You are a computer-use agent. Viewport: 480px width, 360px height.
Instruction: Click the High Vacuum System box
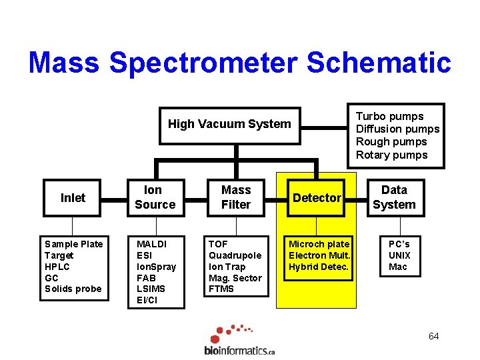click(x=229, y=124)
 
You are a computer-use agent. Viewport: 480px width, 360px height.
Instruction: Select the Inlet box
click(x=73, y=198)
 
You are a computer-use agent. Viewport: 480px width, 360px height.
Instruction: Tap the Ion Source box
click(x=155, y=198)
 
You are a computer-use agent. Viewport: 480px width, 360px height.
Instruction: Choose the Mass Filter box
click(x=236, y=198)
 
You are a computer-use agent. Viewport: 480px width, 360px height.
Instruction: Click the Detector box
click(x=317, y=198)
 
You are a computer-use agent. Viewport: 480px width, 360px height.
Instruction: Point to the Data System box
click(x=394, y=198)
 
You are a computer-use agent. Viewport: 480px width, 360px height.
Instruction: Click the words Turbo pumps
click(x=389, y=117)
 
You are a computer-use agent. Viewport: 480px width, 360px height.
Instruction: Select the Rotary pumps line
click(x=391, y=155)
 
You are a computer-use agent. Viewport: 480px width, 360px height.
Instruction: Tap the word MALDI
click(x=151, y=244)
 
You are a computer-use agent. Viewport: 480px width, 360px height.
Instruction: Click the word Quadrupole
click(x=235, y=255)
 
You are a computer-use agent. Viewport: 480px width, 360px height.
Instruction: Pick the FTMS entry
click(x=221, y=289)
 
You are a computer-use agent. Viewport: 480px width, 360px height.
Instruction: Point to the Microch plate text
click(x=319, y=244)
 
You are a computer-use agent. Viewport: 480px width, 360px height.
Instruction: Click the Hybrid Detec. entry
click(x=319, y=267)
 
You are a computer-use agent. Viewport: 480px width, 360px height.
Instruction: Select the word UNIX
click(x=399, y=255)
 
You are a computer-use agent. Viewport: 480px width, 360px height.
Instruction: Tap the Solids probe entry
click(x=73, y=289)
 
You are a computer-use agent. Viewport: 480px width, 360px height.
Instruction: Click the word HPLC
click(x=57, y=267)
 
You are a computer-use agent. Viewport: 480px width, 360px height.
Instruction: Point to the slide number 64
click(x=433, y=336)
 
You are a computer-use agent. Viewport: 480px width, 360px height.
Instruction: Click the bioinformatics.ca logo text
click(x=239, y=350)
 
